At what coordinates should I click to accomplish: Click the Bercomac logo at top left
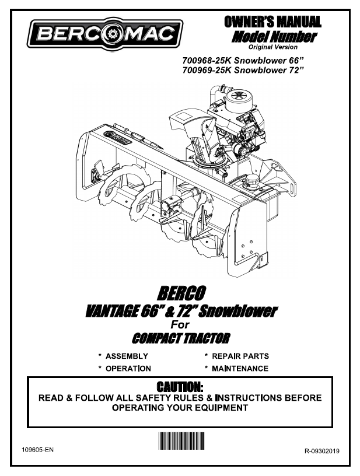point(104,34)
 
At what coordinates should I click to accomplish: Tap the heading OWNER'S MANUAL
point(272,22)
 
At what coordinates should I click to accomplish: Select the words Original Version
point(273,47)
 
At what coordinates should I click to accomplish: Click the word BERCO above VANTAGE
point(181,293)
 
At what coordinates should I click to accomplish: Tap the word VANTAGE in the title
point(112,311)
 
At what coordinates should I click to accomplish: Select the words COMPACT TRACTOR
point(181,338)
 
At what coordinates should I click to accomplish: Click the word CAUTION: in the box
point(180,387)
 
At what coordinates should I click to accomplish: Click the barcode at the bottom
point(181,441)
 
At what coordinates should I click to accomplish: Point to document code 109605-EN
point(38,450)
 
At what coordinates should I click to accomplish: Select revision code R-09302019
point(321,451)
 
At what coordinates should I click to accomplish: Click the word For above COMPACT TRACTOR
point(180,324)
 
